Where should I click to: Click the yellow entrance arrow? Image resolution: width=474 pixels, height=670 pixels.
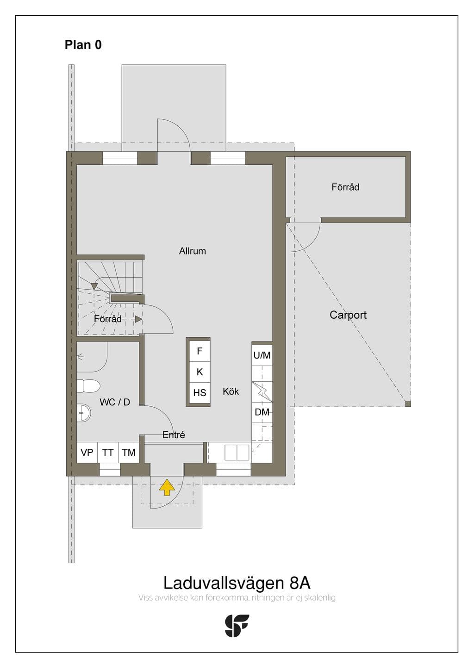(167, 487)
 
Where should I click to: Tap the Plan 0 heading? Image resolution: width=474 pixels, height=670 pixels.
(83, 45)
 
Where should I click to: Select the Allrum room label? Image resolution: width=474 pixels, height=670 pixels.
(193, 251)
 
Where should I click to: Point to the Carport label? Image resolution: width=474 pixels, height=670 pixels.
(348, 315)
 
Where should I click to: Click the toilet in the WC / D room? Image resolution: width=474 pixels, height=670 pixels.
(88, 386)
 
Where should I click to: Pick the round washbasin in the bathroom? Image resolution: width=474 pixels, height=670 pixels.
(83, 413)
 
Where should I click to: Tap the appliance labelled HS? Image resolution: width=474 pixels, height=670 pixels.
(200, 393)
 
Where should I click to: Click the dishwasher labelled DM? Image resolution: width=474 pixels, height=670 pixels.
(262, 412)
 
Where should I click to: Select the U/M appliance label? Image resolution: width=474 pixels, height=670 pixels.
(262, 355)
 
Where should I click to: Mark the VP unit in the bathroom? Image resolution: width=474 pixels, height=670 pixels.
(87, 452)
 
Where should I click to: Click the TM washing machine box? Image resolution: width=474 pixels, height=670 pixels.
(129, 452)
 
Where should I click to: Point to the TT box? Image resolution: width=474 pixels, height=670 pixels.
(108, 452)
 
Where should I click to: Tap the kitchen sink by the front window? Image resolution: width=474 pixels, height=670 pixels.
(237, 452)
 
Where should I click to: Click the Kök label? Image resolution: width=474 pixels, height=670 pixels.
(231, 391)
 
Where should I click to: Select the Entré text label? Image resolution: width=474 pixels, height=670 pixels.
(174, 435)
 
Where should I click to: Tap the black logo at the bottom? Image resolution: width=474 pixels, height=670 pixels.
(237, 626)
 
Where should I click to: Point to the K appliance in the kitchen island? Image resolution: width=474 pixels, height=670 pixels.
(200, 372)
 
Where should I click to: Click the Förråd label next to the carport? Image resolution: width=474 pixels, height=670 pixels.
(345, 187)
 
